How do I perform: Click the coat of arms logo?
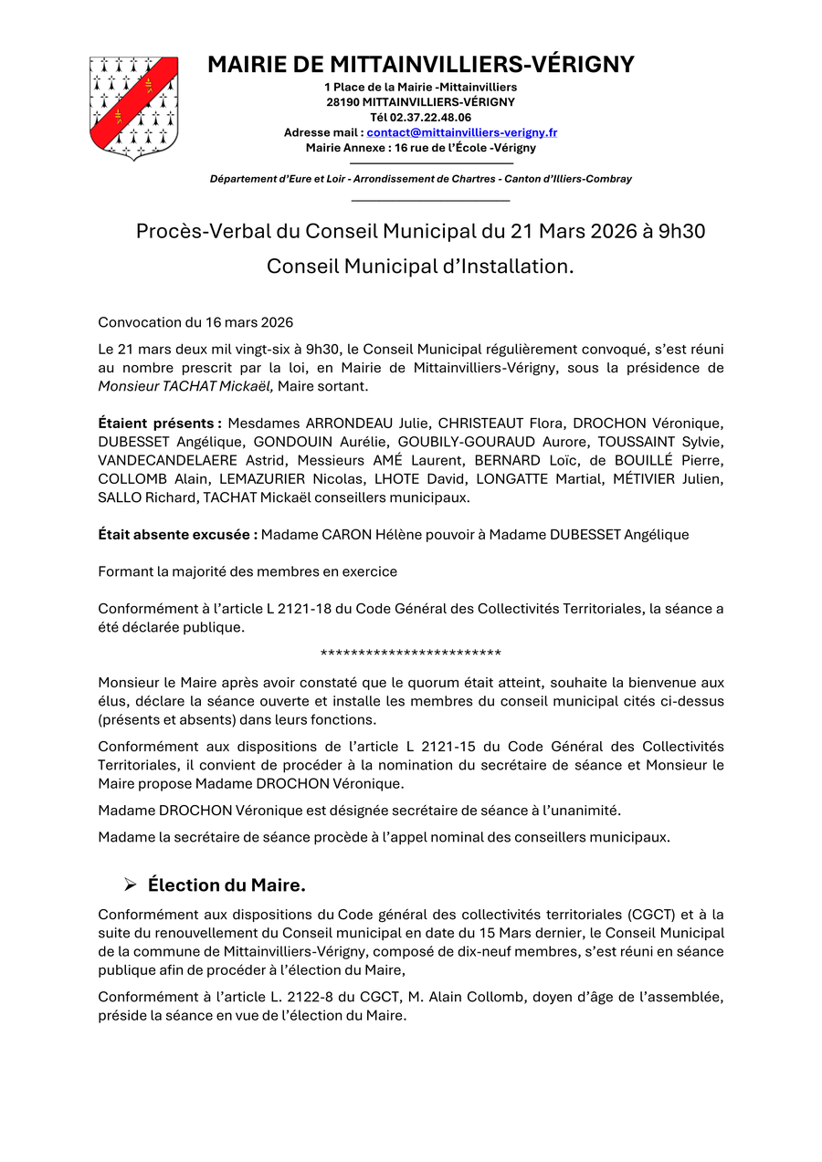133,108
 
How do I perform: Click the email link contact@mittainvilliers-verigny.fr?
462,132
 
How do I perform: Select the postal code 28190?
342,102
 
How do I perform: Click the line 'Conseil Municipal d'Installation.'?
420,267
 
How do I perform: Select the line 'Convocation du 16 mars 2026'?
195,322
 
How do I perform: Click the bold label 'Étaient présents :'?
160,424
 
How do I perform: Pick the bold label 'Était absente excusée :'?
177,535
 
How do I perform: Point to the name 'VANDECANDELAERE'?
168,460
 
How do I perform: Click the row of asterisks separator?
411,654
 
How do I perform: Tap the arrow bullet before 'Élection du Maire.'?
131,885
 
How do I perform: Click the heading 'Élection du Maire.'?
227,885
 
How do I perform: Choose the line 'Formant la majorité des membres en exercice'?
248,572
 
